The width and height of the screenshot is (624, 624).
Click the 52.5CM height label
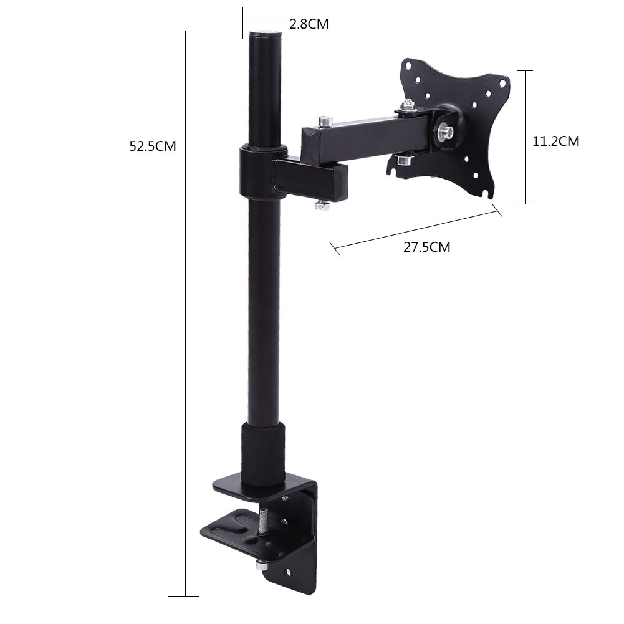(x=153, y=146)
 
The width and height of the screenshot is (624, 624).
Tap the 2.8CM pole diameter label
(x=308, y=24)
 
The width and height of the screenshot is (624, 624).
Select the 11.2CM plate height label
(x=555, y=142)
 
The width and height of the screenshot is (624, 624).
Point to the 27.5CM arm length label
(x=426, y=247)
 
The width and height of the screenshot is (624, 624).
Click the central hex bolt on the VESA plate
(x=446, y=132)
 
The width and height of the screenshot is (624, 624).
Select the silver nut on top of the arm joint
(x=323, y=120)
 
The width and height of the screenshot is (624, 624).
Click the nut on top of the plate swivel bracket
(x=409, y=107)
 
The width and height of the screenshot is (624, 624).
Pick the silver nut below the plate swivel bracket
(x=402, y=161)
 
